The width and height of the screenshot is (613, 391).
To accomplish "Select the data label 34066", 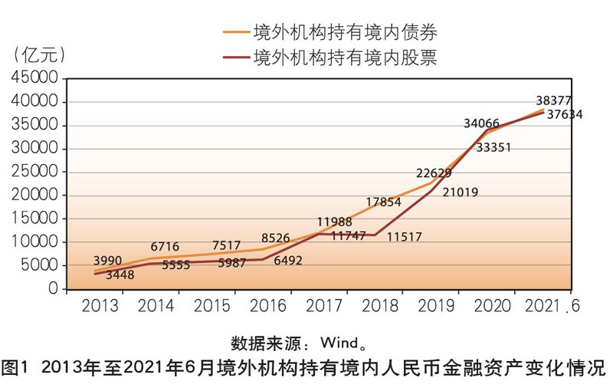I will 481,123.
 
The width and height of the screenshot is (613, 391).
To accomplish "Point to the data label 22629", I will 434,173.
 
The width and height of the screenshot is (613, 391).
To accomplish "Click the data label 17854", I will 384,203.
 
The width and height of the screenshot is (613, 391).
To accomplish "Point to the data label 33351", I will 494,148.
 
